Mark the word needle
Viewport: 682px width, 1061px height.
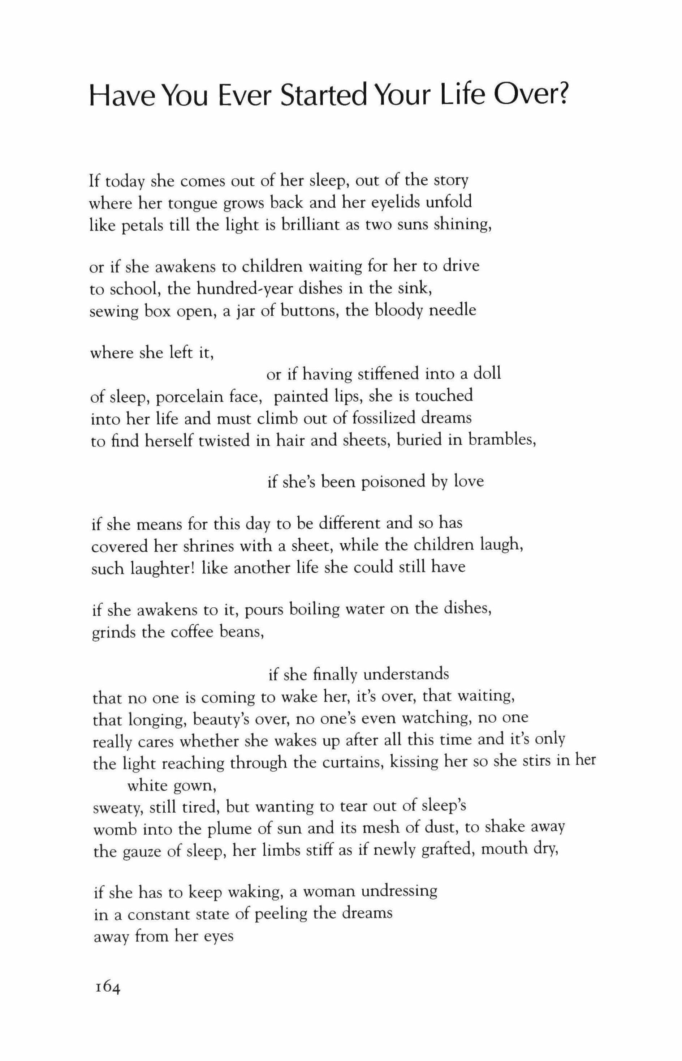[x=452, y=310]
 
